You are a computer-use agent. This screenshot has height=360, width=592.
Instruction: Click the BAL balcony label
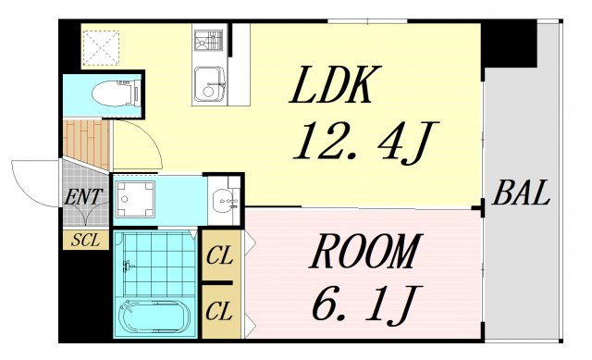(522, 195)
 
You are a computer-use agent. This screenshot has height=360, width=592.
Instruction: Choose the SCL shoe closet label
(85, 240)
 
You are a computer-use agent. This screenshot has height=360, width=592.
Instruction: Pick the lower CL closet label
(220, 309)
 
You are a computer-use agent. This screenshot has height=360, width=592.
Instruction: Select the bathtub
(154, 317)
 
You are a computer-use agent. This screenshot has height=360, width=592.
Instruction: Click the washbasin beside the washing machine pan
(225, 198)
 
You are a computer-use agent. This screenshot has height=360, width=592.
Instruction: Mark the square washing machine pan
(136, 198)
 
